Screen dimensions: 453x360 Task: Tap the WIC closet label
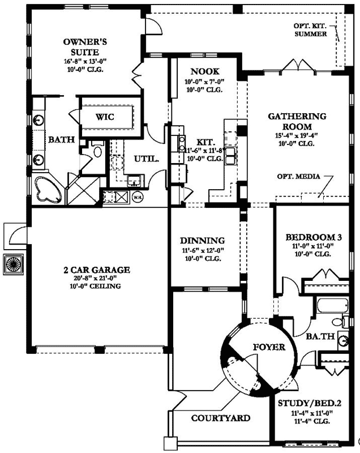click(105, 117)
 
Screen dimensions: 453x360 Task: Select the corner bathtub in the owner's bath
click(48, 190)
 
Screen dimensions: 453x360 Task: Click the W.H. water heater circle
click(138, 197)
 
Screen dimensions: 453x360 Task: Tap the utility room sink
click(134, 181)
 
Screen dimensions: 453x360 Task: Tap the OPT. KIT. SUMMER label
click(310, 30)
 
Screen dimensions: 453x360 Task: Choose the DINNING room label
click(203, 240)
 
